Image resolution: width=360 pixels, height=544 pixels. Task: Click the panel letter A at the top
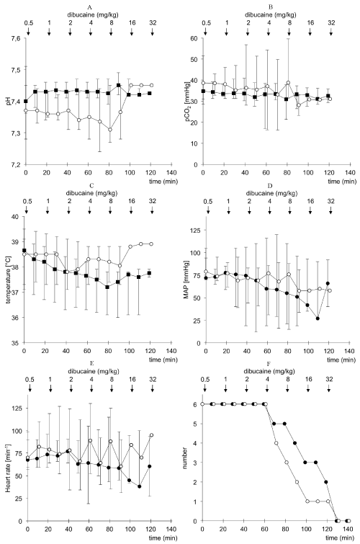pyautogui.click(x=89, y=6)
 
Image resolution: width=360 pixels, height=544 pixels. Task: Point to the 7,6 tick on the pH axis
pyautogui.click(x=16, y=38)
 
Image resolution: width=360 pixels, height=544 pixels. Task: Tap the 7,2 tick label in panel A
pyautogui.click(x=16, y=164)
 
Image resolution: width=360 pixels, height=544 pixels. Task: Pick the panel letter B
pyautogui.click(x=271, y=6)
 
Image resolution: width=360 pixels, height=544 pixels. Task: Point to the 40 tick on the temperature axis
pyautogui.click(x=16, y=216)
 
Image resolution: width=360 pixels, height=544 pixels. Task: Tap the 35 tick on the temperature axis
pyautogui.click(x=16, y=343)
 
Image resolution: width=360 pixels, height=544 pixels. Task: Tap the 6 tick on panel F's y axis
pyautogui.click(x=196, y=404)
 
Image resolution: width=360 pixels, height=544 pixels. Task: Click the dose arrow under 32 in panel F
pyautogui.click(x=329, y=388)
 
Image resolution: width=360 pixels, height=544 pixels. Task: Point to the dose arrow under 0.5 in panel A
pyautogui.click(x=28, y=31)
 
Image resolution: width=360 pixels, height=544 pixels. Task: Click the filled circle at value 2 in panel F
pyautogui.click(x=326, y=482)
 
